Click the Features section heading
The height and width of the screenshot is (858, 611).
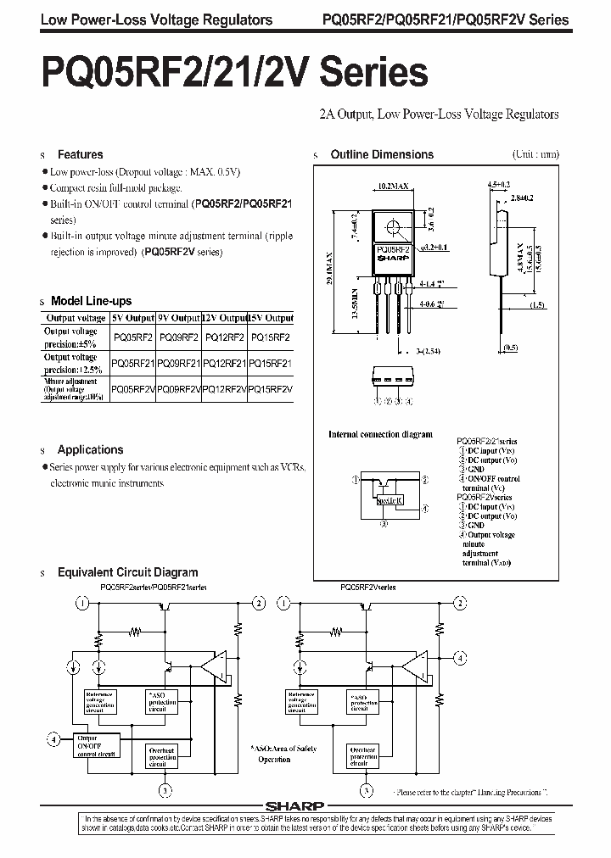(80, 154)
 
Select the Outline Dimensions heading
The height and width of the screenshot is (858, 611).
(381, 154)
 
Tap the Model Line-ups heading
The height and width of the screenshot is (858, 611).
(91, 301)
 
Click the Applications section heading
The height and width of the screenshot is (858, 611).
(90, 449)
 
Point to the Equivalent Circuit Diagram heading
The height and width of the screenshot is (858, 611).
(127, 572)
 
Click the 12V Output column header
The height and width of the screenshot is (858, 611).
(224, 318)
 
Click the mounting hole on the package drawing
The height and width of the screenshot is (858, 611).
(393, 226)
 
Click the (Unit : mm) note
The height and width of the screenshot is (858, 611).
(535, 154)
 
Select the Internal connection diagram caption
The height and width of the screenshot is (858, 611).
(380, 434)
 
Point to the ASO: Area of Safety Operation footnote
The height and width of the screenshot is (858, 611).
(283, 755)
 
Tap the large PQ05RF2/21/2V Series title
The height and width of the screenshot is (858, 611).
(222, 75)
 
